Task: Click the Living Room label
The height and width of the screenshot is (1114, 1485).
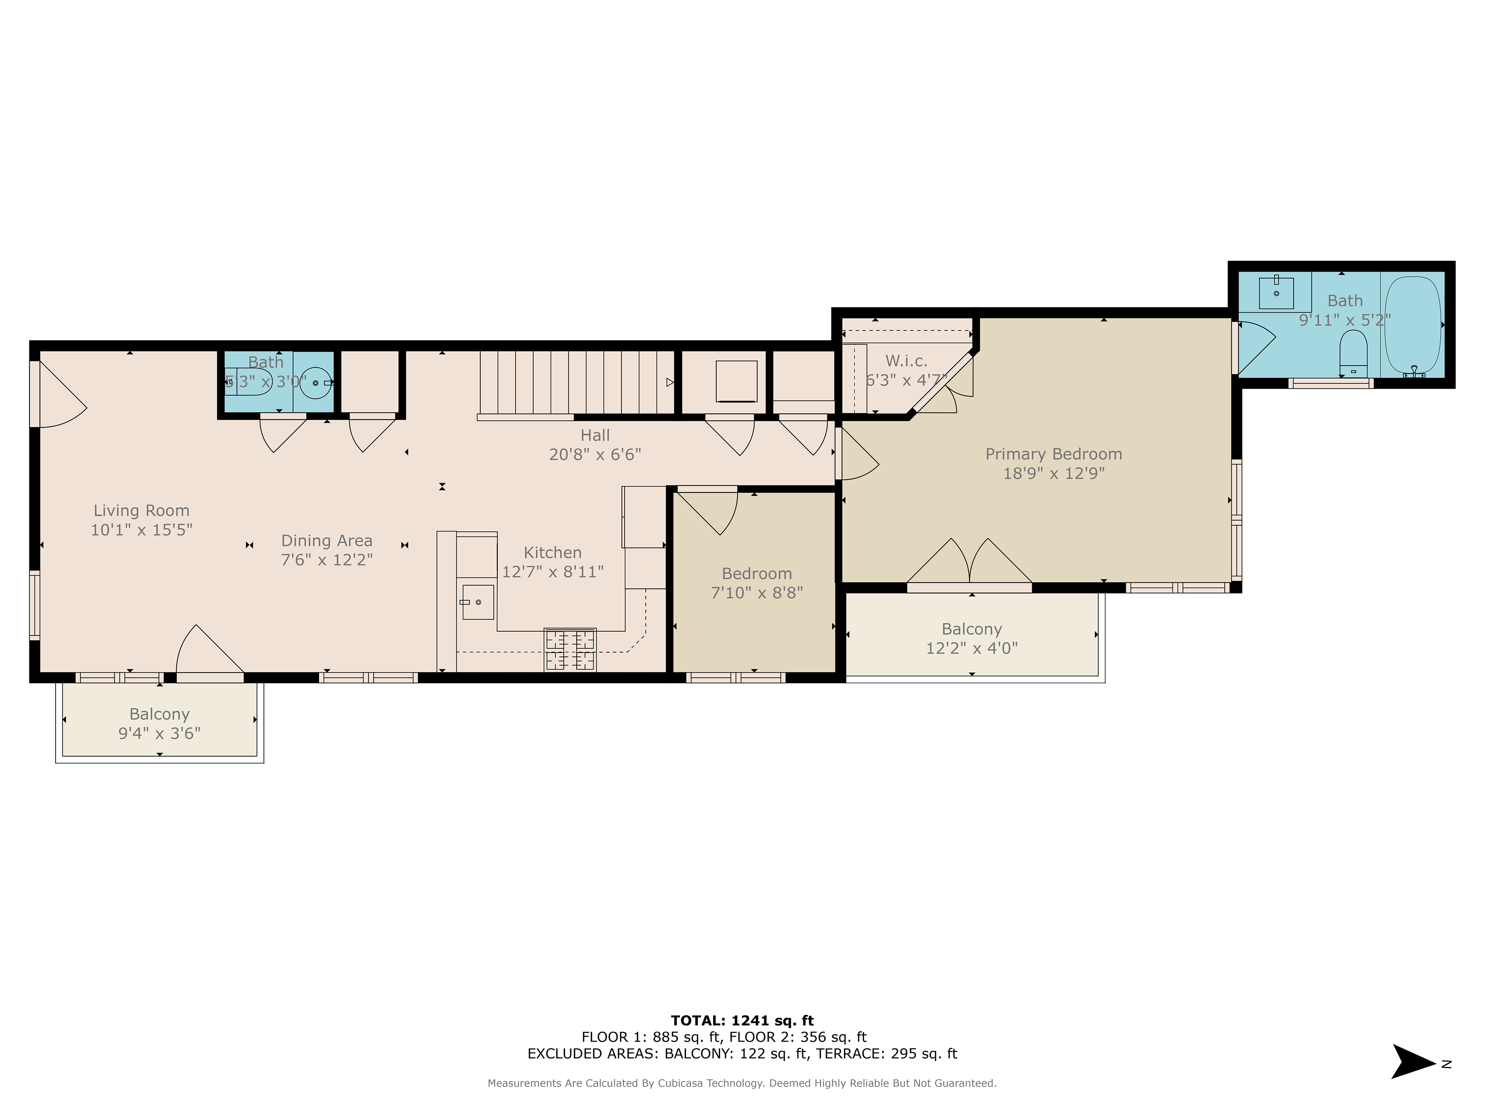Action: (x=142, y=511)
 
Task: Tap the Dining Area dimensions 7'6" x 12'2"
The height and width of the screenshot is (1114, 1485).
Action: (x=327, y=559)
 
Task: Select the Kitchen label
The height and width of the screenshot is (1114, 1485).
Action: (x=553, y=553)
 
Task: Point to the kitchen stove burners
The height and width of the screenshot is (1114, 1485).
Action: (x=570, y=650)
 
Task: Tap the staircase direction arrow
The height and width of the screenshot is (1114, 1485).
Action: (x=669, y=382)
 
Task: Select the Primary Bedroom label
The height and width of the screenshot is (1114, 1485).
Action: (x=1053, y=454)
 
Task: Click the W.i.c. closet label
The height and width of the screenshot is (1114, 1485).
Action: (x=906, y=361)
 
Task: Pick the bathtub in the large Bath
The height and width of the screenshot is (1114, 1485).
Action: (x=1413, y=326)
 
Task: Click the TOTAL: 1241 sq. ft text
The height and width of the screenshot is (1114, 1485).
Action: (x=742, y=1021)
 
